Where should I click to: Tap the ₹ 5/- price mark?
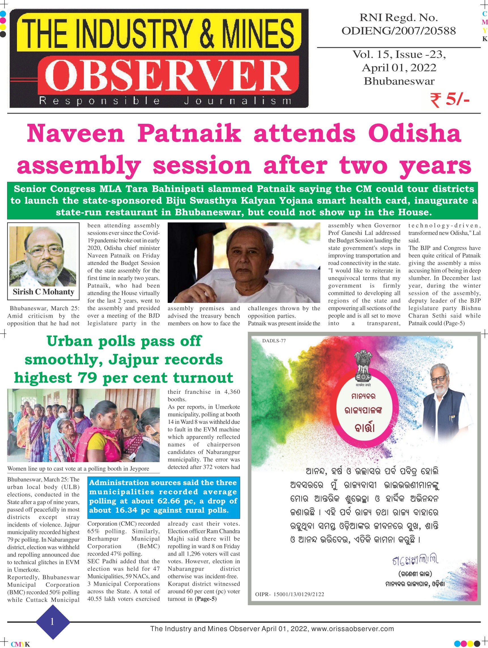tap(450, 100)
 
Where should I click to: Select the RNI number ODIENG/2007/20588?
tap(399, 31)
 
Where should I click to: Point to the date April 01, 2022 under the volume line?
tap(399, 68)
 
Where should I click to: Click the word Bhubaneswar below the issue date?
tap(399, 81)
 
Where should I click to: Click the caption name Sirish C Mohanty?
tap(43, 292)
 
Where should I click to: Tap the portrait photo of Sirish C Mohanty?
tap(43, 256)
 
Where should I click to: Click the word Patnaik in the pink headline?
tap(189, 133)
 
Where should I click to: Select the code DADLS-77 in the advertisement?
tap(274, 341)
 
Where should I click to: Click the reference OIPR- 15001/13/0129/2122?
tap(289, 594)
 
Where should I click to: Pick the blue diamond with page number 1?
tap(53, 622)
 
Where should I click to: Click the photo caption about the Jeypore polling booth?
tap(78, 468)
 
